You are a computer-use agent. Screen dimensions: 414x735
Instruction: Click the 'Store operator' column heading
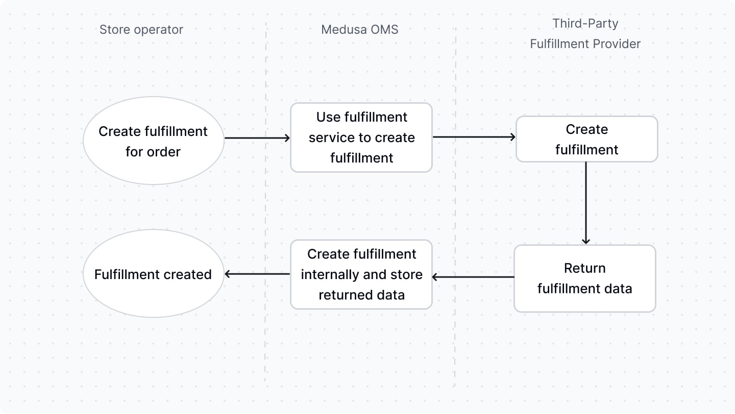pos(141,30)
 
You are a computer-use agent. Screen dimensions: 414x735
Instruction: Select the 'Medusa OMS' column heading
pos(359,30)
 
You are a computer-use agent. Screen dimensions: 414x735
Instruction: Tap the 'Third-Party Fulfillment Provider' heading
pos(585,34)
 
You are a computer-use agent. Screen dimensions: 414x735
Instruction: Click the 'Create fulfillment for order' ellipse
pos(153,141)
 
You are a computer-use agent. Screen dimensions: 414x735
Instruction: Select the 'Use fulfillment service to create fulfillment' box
pos(361,137)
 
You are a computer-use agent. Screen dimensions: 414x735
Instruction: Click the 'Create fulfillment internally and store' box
pos(361,274)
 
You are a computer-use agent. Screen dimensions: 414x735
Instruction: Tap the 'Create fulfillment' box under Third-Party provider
pos(586,139)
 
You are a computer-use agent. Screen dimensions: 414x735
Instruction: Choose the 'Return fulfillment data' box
pos(584,279)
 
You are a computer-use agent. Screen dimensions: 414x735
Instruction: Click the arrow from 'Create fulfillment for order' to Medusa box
pos(257,137)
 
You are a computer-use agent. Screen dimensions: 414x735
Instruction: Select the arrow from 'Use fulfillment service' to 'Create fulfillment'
pos(474,137)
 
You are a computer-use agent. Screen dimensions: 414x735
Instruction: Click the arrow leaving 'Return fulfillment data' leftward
pos(473,277)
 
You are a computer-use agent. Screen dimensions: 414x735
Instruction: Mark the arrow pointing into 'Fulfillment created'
pos(257,274)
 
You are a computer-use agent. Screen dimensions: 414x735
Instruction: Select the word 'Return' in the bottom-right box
pos(584,268)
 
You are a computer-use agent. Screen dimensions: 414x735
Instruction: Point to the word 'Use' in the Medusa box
pos(328,117)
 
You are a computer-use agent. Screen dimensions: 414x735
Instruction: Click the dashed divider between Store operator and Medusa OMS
pos(265,204)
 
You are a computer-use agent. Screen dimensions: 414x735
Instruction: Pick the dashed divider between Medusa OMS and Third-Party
pos(455,204)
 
